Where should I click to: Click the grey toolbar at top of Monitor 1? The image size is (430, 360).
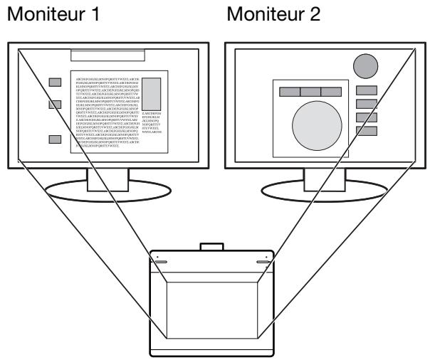pos(108,55)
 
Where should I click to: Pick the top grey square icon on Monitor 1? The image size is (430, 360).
pos(55,83)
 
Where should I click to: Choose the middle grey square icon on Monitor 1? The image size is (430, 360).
pos(55,105)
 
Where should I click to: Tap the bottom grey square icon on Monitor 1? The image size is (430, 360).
pos(55,139)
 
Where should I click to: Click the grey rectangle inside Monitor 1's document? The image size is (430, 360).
pos(152,93)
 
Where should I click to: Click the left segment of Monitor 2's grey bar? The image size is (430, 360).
pos(290,92)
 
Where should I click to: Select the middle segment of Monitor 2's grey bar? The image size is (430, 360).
pos(311,92)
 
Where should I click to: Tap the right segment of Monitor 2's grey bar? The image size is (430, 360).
pos(332,92)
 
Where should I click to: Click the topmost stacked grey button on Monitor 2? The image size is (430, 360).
pos(366,90)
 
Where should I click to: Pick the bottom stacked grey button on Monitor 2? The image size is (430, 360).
pos(366,130)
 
